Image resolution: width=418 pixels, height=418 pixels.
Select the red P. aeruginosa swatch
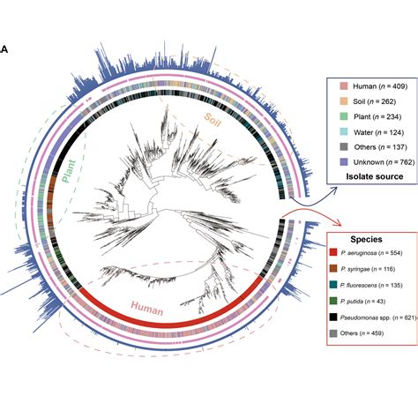tap(333, 253)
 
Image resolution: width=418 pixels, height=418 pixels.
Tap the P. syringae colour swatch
tap(333, 271)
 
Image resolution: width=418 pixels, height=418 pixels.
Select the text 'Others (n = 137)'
tap(376, 148)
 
